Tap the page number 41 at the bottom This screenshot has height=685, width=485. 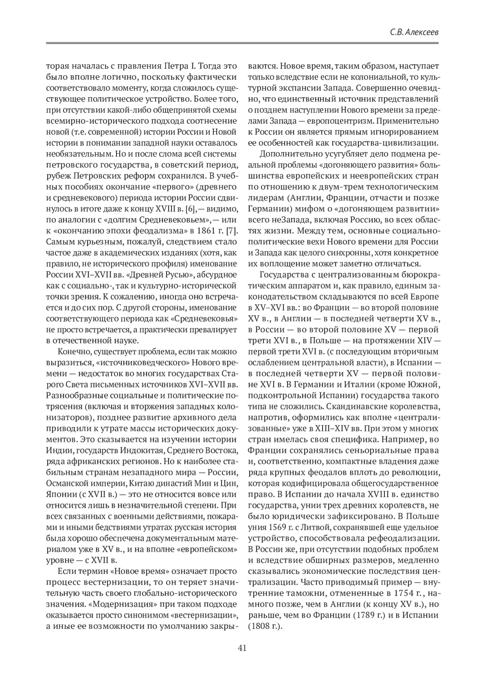pos(242,647)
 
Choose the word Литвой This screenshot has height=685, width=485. pos(309,527)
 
